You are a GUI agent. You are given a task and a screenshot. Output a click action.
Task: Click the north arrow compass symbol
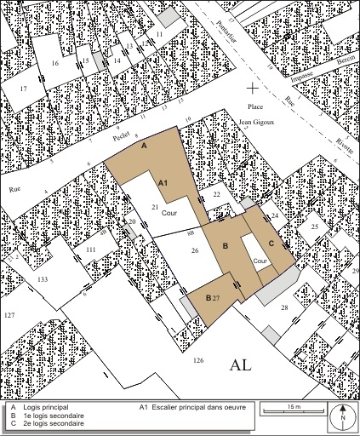(x=342, y=416)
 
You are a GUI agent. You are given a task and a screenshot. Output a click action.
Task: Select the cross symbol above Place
(x=252, y=88)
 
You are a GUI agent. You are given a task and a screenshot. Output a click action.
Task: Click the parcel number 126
(x=198, y=361)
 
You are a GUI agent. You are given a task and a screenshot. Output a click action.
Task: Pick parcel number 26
(x=194, y=250)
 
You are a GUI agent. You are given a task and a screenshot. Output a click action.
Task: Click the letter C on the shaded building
(x=271, y=244)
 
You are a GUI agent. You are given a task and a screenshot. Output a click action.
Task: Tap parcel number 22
(x=217, y=195)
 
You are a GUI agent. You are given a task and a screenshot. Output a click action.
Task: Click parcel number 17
(x=23, y=89)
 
